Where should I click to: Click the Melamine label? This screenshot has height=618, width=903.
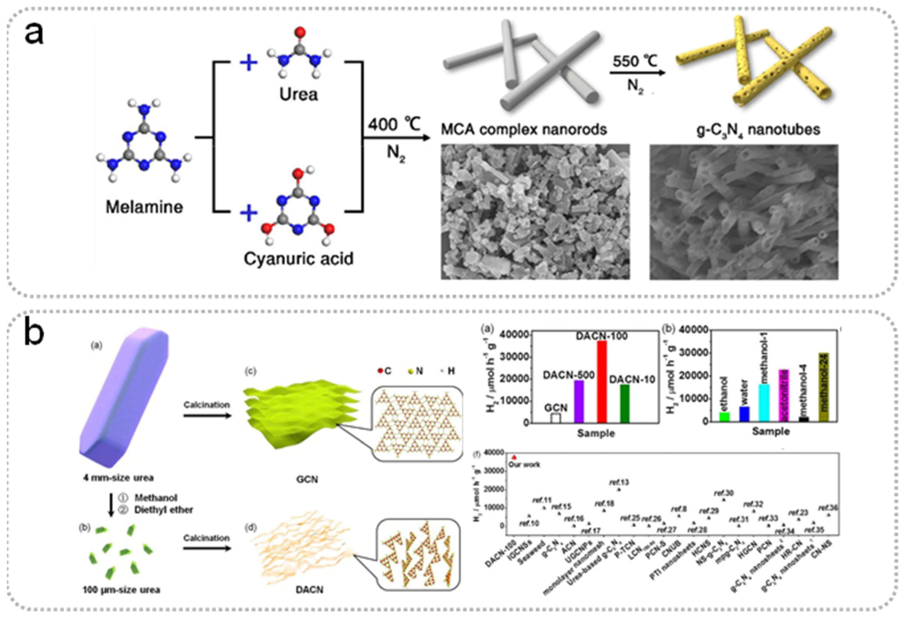click(144, 207)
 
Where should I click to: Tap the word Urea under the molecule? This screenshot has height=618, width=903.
click(298, 94)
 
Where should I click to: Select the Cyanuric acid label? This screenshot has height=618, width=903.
click(298, 259)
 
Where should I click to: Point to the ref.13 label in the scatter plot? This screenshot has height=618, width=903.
click(619, 482)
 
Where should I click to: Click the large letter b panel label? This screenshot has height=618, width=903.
click(34, 332)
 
